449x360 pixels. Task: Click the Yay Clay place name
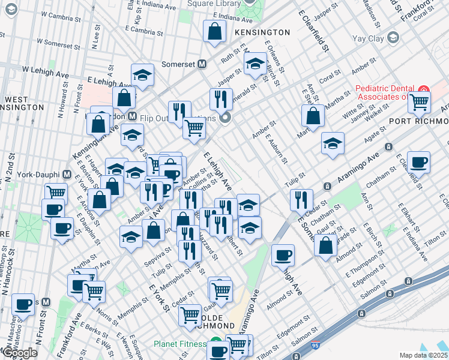(x=367, y=40)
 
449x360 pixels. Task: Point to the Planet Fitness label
(x=179, y=344)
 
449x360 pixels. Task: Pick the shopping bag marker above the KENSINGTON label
(x=214, y=32)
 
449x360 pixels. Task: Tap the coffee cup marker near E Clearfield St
(x=418, y=161)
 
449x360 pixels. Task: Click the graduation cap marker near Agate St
(x=333, y=144)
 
